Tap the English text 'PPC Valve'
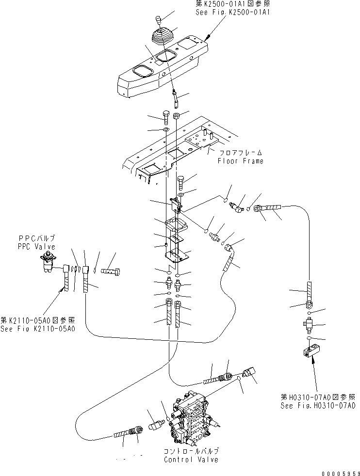pos(37,246)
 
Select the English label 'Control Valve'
pos(191,459)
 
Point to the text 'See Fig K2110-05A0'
pos(37,329)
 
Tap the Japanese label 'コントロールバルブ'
pos(190,451)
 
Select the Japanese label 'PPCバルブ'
pos(37,239)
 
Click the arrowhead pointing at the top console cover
pos(207,37)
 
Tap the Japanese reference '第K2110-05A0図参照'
pos(37,321)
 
